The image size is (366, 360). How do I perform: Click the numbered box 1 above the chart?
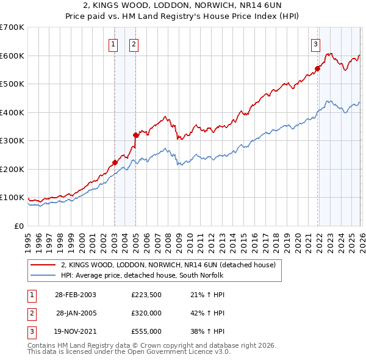[x=113, y=43]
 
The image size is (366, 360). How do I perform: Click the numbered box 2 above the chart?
[x=133, y=43]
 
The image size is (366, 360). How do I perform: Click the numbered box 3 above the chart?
[x=315, y=43]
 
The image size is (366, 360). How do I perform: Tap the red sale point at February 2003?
[x=115, y=162]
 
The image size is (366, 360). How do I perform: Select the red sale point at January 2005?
[x=135, y=135]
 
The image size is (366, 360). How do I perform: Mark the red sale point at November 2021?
[x=318, y=68]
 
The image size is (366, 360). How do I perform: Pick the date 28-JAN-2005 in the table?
[x=76, y=313]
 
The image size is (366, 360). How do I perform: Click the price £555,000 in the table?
[x=146, y=331]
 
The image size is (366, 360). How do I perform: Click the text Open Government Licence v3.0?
[x=184, y=351]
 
